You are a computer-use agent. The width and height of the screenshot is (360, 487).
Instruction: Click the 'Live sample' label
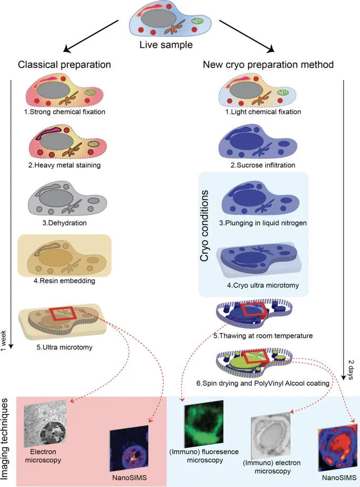tap(166, 45)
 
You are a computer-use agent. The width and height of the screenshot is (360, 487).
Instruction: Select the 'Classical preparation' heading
tap(64, 65)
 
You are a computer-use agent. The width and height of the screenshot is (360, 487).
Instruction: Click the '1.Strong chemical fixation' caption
tap(66, 111)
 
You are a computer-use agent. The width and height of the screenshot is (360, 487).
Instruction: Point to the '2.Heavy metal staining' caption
tap(66, 165)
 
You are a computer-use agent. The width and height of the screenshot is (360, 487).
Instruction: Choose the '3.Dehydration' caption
tap(66, 222)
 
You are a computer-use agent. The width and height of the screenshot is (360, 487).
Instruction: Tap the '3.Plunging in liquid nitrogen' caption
tap(258, 223)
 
